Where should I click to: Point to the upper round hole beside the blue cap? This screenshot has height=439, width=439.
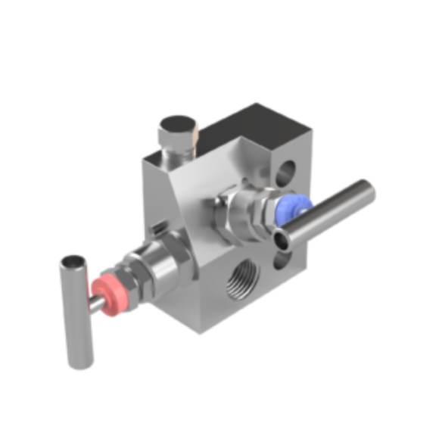[285, 173]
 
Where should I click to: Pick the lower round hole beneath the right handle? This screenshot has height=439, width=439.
[282, 261]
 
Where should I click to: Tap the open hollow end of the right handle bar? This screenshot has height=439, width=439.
[284, 241]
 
